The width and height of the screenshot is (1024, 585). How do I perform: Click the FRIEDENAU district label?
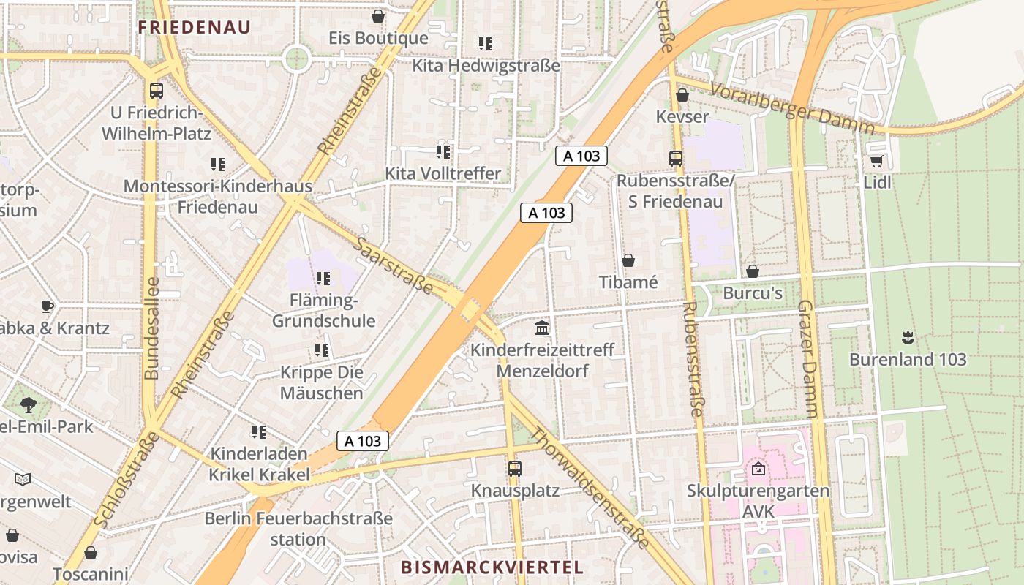[x=195, y=28]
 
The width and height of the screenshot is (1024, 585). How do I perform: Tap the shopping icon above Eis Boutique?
[x=378, y=15]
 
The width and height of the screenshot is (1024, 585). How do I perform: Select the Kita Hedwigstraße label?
[x=486, y=65]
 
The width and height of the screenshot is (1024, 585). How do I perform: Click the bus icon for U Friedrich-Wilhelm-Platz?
[x=156, y=91]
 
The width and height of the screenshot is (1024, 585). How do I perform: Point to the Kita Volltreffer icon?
[x=443, y=151]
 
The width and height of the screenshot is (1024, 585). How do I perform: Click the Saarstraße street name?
[x=393, y=264]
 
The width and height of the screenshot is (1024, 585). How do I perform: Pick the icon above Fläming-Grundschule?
[x=323, y=278]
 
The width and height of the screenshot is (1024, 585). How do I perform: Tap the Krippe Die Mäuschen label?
[x=322, y=382]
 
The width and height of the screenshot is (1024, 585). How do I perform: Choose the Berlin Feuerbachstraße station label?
[x=298, y=529]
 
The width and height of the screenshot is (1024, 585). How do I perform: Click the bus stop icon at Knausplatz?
[x=515, y=468]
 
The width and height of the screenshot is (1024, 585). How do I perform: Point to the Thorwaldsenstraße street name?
[x=589, y=488]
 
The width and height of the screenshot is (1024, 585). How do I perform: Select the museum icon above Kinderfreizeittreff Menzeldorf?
[x=542, y=328]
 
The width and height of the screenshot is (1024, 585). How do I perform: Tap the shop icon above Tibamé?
[x=628, y=260]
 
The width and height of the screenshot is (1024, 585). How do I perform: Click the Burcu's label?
[x=752, y=293]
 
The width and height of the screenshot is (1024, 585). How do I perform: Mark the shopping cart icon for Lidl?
[x=876, y=160]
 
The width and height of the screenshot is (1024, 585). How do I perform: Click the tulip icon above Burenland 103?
[x=908, y=337]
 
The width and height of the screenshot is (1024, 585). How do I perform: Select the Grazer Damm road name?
[x=807, y=358]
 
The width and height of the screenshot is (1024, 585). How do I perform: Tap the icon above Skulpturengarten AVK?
[x=758, y=468]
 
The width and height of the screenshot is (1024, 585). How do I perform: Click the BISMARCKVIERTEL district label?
[x=492, y=567]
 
